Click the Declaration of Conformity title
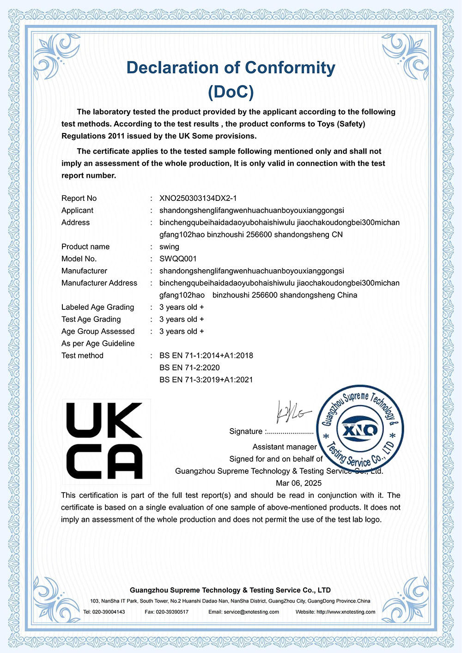[231, 68]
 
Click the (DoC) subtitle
[231, 92]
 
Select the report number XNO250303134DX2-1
[198, 198]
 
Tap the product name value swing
[169, 247]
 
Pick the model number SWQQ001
[178, 259]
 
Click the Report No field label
[79, 198]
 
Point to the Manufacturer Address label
[99, 283]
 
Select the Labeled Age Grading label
[97, 307]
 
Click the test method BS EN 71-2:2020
[189, 368]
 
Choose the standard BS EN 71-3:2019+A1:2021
[206, 380]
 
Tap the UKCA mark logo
[104, 440]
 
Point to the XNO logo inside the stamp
[360, 430]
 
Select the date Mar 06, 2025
[298, 483]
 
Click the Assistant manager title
[285, 447]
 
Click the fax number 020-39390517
[173, 612]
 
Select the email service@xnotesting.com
[251, 612]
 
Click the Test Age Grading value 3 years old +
[182, 319]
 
